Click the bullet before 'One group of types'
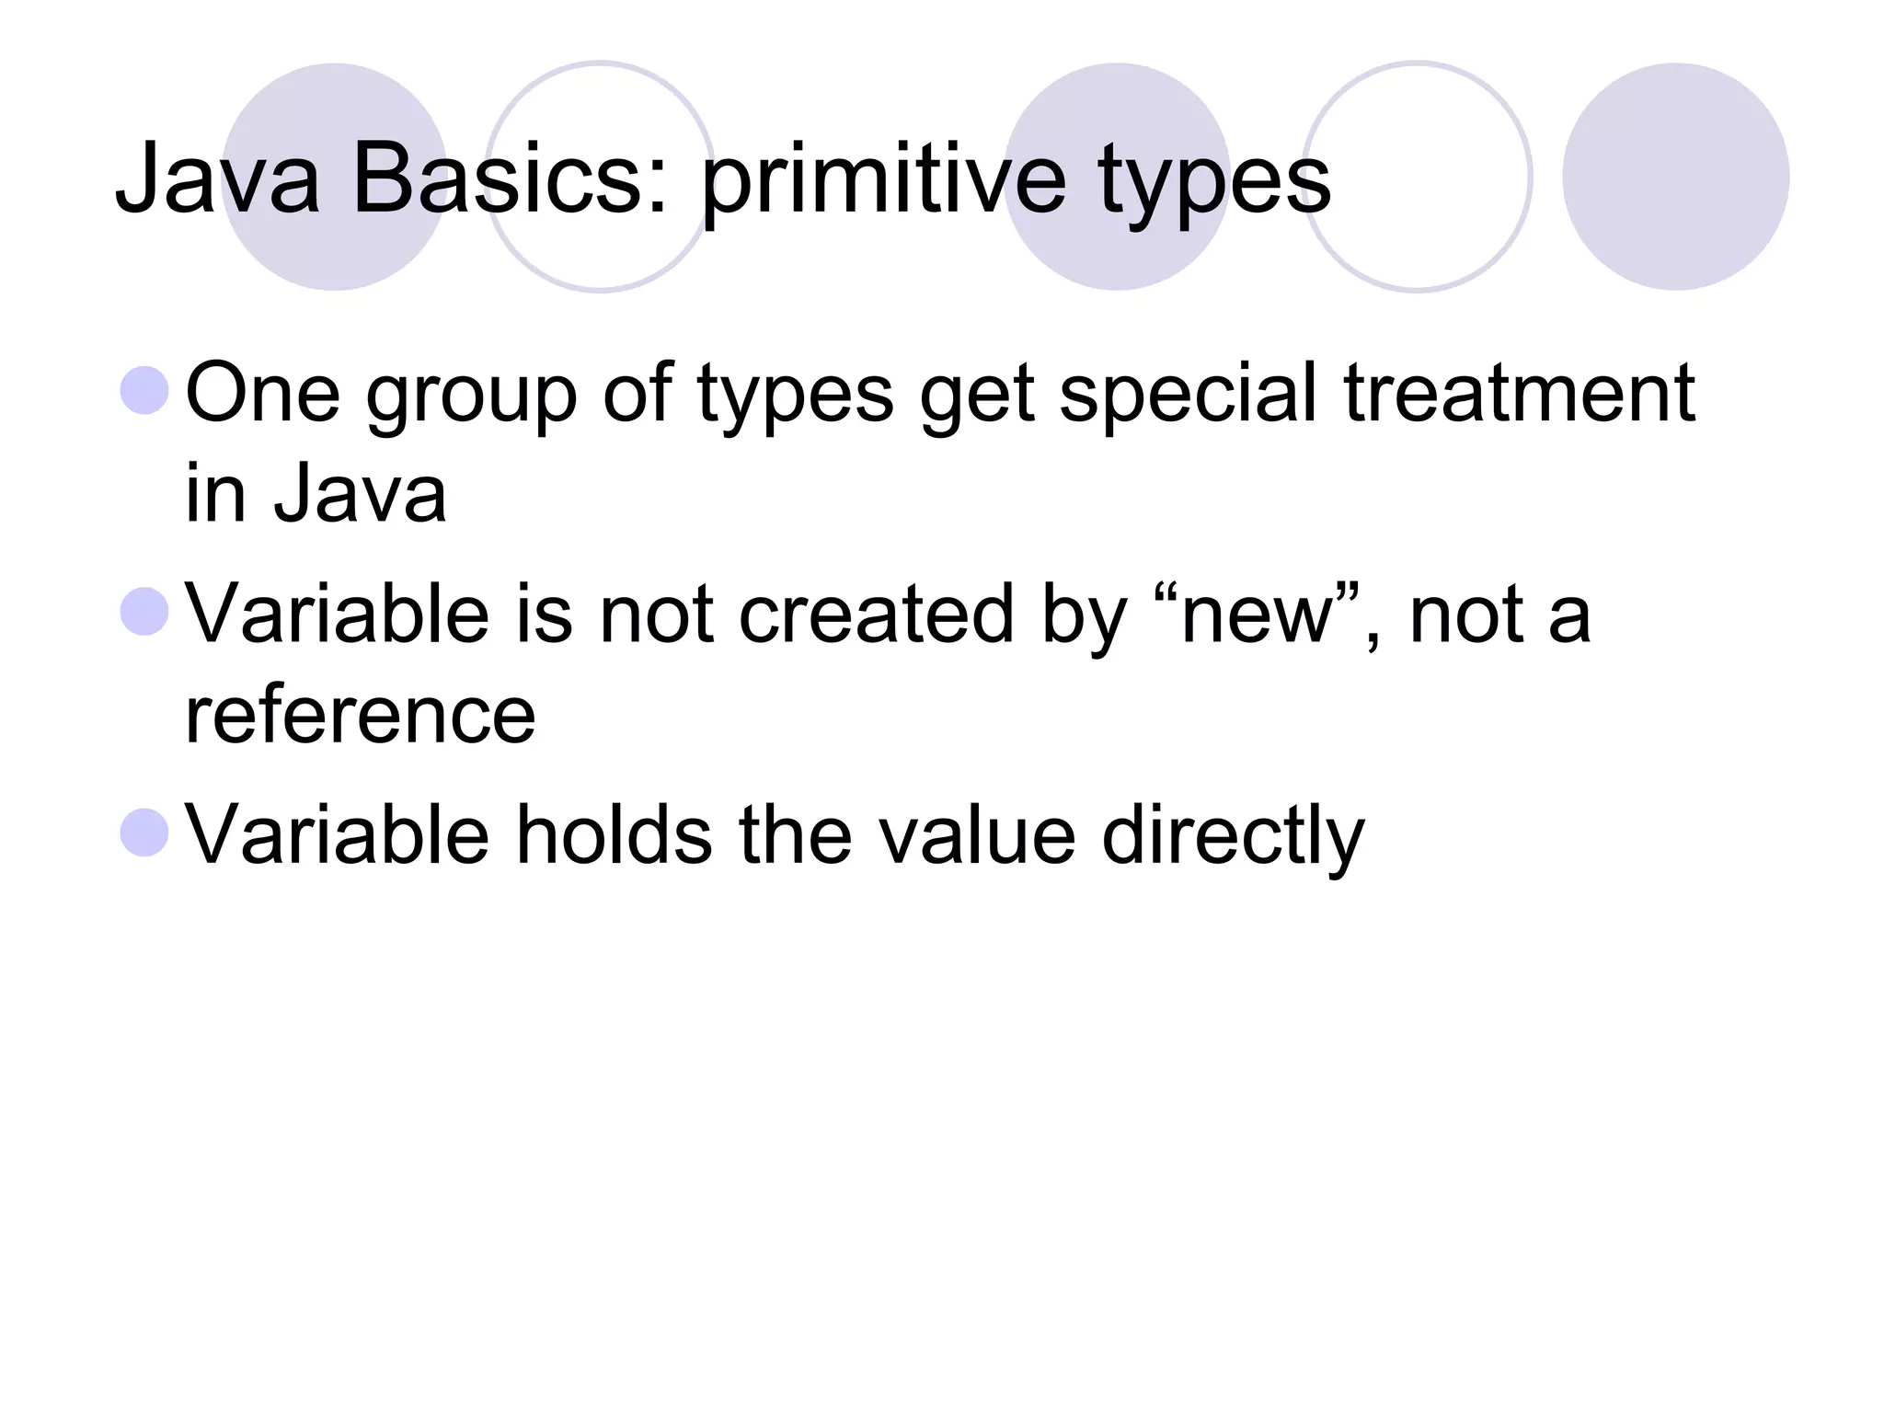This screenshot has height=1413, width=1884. [144, 391]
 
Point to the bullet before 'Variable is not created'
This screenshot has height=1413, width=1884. [144, 612]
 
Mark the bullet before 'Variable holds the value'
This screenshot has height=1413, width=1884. [144, 833]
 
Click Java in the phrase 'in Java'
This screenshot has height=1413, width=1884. [360, 494]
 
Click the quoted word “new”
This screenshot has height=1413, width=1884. [1257, 614]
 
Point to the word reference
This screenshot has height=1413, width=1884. [360, 715]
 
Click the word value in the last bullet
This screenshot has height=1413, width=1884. [976, 834]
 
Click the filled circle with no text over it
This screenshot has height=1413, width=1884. [1675, 177]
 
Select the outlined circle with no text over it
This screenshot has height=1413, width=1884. [1418, 177]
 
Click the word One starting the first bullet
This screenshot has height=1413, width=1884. [262, 393]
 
